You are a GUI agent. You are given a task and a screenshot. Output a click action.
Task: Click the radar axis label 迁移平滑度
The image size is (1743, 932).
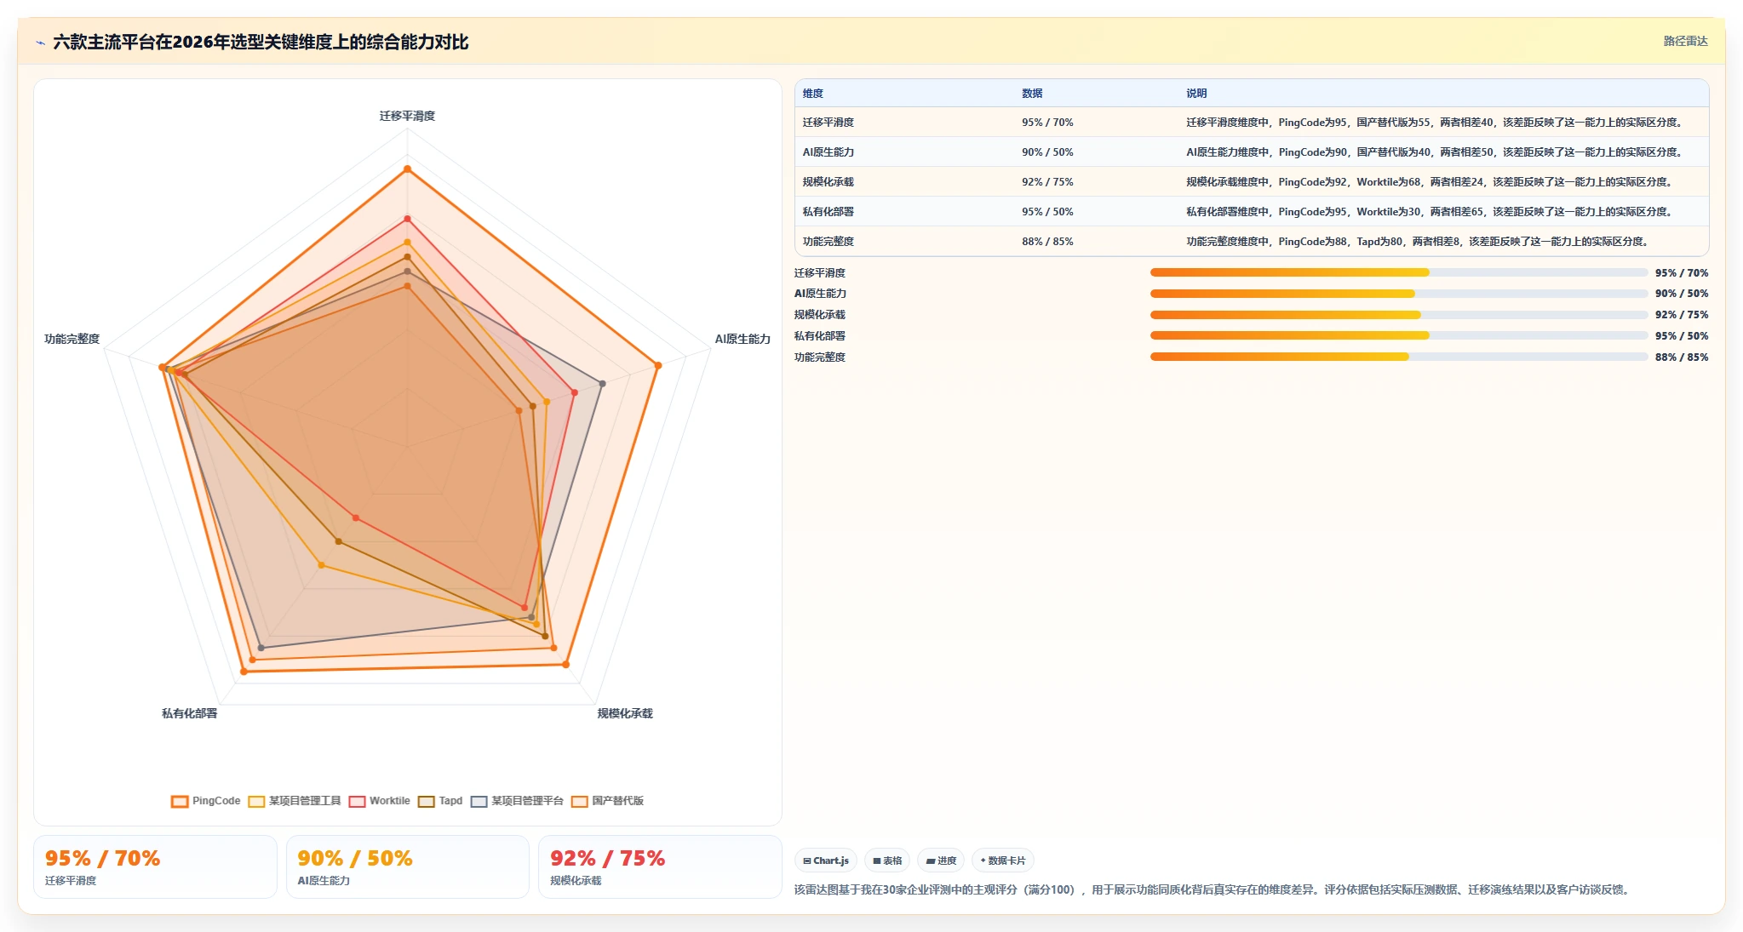pos(407,116)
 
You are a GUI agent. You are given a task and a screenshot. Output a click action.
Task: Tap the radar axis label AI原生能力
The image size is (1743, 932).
pos(742,339)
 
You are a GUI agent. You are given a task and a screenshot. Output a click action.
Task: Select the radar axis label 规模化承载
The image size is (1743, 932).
pos(625,713)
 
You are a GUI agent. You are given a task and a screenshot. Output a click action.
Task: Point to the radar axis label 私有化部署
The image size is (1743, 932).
pos(190,713)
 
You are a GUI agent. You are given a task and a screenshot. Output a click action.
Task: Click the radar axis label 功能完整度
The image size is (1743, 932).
pos(72,339)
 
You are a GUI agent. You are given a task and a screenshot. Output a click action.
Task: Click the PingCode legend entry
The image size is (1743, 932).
pos(206,801)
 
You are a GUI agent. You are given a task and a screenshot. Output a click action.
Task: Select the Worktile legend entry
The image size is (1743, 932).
pos(380,801)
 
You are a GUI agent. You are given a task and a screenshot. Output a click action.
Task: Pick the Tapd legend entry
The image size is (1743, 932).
pos(440,801)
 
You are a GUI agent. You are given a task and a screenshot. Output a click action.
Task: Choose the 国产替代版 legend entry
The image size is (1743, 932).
pos(608,801)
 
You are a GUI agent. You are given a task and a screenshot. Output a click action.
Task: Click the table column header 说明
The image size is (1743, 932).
pos(1196,94)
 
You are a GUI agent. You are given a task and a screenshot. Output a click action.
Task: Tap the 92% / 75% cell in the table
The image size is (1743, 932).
pos(1047,182)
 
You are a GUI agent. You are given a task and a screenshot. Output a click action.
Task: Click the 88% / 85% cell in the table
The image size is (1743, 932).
pos(1047,242)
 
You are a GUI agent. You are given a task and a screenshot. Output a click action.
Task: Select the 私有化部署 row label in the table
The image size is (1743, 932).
pos(828,212)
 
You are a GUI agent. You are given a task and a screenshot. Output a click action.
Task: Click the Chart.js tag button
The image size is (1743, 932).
pos(826,861)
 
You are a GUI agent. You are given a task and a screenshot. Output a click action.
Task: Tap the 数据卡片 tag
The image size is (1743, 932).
pos(1003,861)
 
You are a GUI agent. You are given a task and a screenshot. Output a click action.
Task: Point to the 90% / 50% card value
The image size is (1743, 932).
pos(355,858)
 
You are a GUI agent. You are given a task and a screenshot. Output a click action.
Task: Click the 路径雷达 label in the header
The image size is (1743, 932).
pos(1686,41)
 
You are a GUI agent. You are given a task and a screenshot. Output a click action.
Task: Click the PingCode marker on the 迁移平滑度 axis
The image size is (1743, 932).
pos(407,169)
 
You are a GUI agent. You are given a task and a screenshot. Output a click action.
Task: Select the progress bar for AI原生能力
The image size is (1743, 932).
pos(1399,294)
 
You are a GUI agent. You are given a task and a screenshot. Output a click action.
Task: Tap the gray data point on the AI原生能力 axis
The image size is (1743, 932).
pos(602,384)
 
